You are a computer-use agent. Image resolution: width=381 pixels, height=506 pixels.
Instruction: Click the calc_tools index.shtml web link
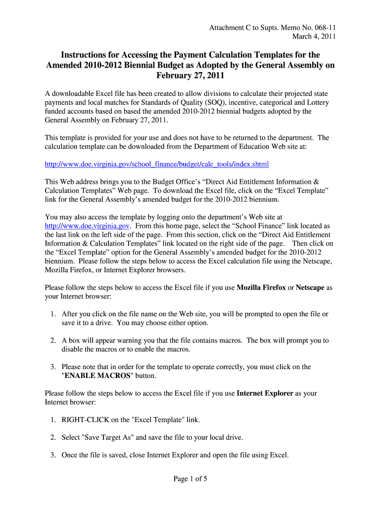pos(157,164)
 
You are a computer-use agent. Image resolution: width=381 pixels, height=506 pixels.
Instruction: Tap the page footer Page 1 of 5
pos(190,478)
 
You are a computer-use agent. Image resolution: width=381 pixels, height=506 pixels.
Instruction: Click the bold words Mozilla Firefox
pos(261,288)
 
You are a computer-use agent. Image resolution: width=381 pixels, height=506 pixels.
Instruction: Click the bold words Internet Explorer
pos(265,393)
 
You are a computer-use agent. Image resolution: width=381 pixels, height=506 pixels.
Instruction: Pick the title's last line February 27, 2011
pos(190,76)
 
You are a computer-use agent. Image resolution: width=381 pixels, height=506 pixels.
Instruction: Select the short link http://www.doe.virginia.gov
pos(88,226)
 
